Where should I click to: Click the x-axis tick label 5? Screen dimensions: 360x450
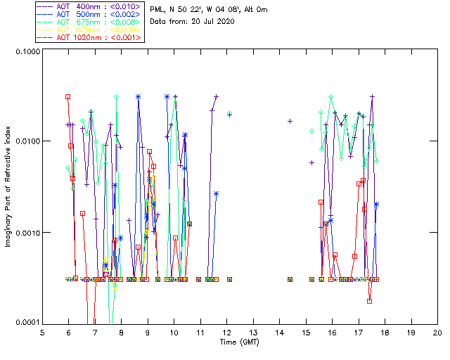coord(42,332)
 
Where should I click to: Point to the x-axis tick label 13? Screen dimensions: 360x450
coord(253,332)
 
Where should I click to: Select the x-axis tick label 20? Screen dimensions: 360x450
coord(437,332)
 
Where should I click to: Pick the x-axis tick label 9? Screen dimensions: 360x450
coord(148,332)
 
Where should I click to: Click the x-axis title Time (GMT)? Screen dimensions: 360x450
coord(240,341)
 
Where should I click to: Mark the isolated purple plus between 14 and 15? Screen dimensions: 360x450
coord(290,121)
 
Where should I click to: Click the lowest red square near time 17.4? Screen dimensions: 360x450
coord(369,301)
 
